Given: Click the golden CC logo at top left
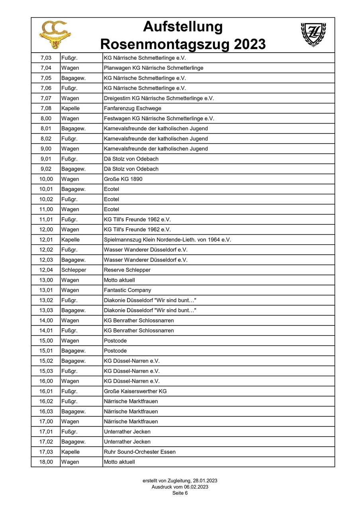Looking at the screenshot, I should [x=55, y=35].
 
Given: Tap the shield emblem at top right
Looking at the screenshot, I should [x=313, y=35].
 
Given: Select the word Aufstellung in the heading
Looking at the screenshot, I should [x=183, y=27].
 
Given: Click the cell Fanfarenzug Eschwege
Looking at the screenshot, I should [x=133, y=108].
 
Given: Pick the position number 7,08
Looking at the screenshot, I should [x=46, y=108].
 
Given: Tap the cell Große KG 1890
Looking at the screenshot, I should [x=123, y=179].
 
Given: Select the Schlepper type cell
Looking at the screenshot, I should [x=74, y=270].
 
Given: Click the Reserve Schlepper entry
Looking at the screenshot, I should [x=127, y=270].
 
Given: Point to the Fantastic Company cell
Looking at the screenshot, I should [x=127, y=290].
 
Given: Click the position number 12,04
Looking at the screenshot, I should [x=46, y=270].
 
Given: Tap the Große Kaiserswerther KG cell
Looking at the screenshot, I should [x=135, y=391].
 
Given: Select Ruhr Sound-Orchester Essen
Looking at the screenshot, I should [x=140, y=452].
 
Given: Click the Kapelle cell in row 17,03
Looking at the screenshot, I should [x=70, y=452].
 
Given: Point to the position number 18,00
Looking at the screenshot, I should [x=46, y=462].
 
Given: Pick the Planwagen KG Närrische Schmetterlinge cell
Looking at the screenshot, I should [x=154, y=68].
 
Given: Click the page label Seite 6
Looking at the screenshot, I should [x=180, y=493].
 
